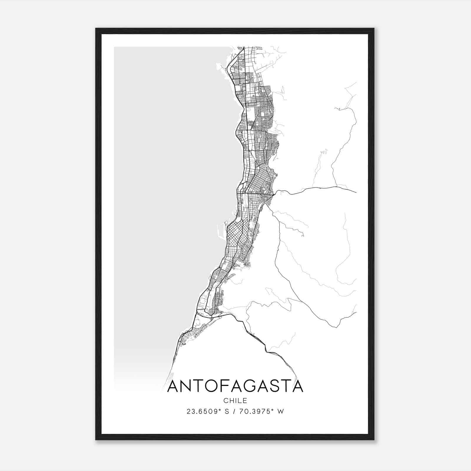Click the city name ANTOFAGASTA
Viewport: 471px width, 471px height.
click(x=235, y=386)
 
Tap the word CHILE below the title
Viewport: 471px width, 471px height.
click(x=235, y=401)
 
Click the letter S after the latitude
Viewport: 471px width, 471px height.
click(x=227, y=412)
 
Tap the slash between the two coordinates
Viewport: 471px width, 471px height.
click(x=233, y=412)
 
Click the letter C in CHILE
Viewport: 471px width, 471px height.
click(x=225, y=401)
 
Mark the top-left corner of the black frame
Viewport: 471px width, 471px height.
click(x=96, y=29)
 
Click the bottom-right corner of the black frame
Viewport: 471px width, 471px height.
click(x=374, y=440)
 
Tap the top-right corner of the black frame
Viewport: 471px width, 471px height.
click(x=374, y=29)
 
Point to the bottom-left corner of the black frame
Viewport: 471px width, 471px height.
click(x=96, y=440)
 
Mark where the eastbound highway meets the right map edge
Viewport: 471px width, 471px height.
click(x=356, y=192)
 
